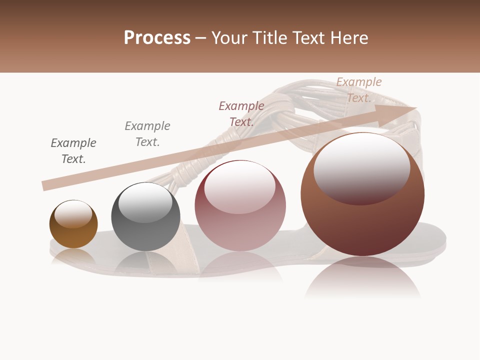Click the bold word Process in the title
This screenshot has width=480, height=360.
pos(157,38)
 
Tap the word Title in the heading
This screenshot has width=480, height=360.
pos(269,38)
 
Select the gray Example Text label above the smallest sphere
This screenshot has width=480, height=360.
pos(73,150)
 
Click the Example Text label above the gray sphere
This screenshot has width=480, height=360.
pos(147,133)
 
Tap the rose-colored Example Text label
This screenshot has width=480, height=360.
pos(241,113)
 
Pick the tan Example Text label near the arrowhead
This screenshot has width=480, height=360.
pos(358,89)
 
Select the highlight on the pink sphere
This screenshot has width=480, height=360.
pos(239,186)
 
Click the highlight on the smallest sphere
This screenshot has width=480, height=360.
pos(73,214)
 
